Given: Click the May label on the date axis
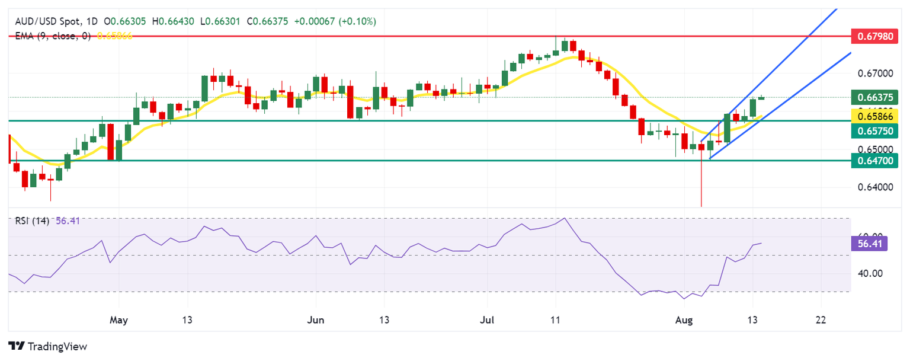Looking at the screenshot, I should point(119,320).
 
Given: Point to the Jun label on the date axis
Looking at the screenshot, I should point(316,320).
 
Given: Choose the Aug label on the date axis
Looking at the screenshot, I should point(684,320).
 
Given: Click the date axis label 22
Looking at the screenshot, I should point(821,320).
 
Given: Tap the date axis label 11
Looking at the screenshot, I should point(555,320).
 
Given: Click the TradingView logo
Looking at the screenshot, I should point(47,346).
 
